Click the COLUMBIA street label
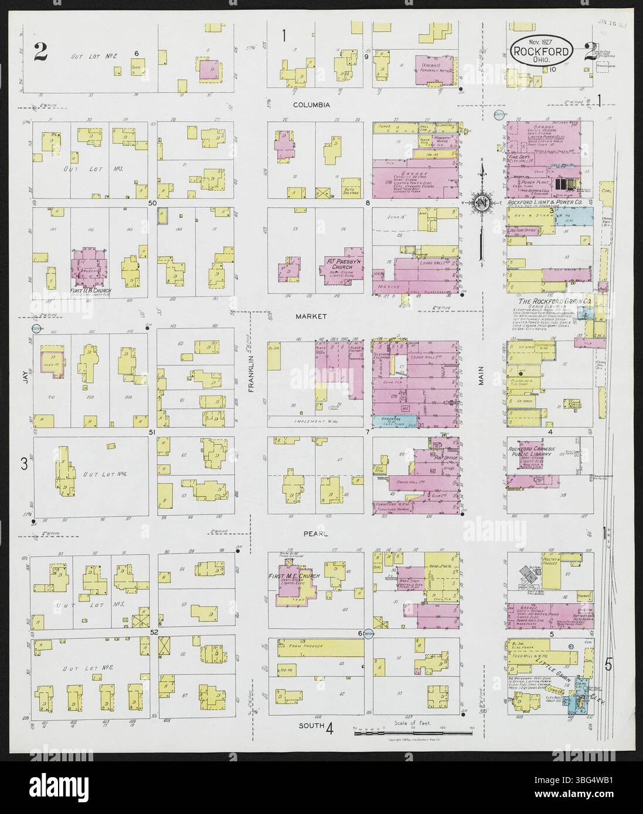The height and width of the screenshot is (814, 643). point(312,105)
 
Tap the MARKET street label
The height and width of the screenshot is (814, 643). point(311,316)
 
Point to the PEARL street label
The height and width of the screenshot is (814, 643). point(315,534)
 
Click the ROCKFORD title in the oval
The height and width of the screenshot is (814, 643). point(541,52)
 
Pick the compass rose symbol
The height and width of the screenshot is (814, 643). point(481,203)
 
